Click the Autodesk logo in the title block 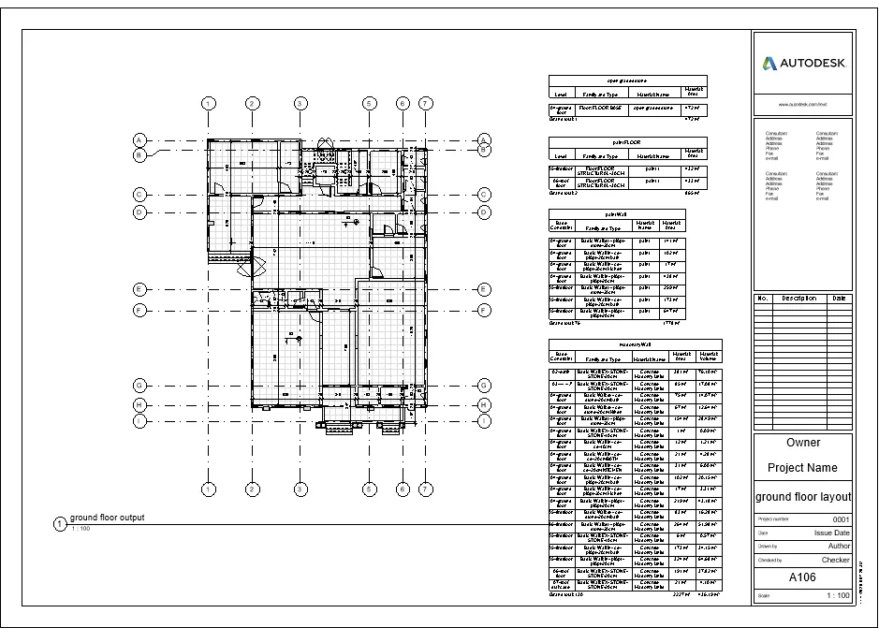[803, 64]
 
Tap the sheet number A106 [803, 577]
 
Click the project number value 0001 [840, 518]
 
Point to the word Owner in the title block [803, 443]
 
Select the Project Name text [803, 468]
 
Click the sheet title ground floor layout [803, 496]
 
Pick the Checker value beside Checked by [835, 560]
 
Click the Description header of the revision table [799, 299]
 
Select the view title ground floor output [107, 518]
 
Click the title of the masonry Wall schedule [635, 344]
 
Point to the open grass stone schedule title [627, 81]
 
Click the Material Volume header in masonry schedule [708, 356]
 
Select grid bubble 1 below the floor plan [210, 489]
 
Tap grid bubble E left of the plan [139, 289]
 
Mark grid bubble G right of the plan [485, 385]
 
